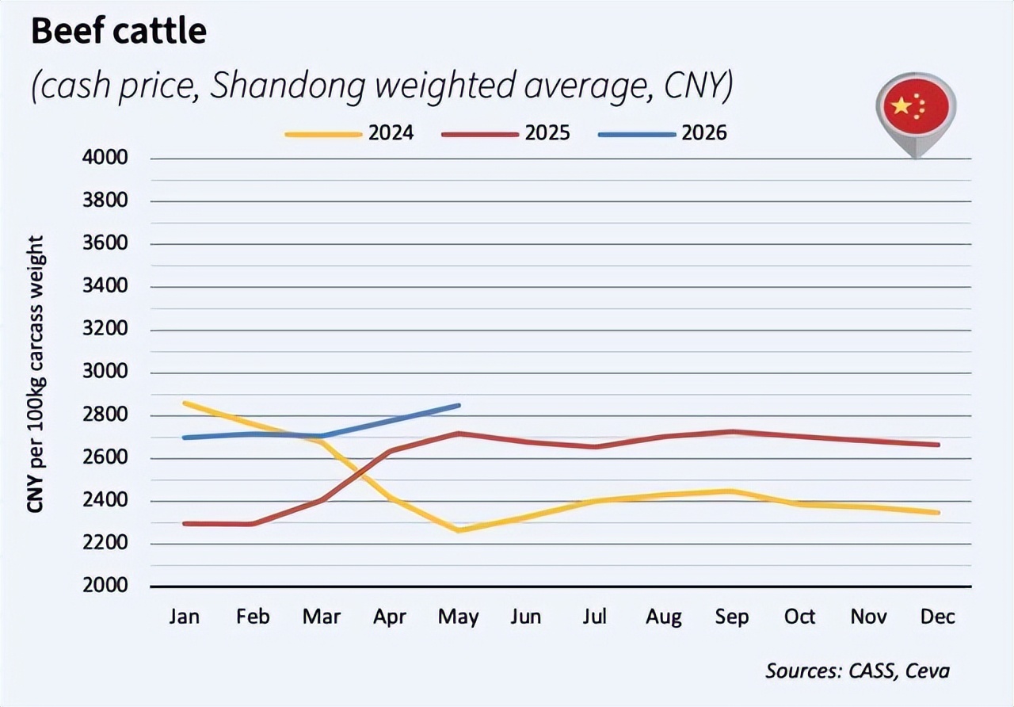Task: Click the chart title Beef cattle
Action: pyautogui.click(x=119, y=32)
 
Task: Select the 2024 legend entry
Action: pyautogui.click(x=349, y=133)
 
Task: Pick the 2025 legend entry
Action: pyautogui.click(x=506, y=133)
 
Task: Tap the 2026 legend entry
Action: pyautogui.click(x=663, y=133)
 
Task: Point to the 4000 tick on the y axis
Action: pyautogui.click(x=105, y=158)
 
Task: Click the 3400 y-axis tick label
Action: pyautogui.click(x=105, y=286)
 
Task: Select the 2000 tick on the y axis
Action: pyautogui.click(x=105, y=585)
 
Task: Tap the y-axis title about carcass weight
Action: pyautogui.click(x=36, y=373)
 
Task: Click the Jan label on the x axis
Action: pyautogui.click(x=185, y=617)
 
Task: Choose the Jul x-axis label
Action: pyautogui.click(x=594, y=617)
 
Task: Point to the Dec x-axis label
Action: pyautogui.click(x=938, y=617)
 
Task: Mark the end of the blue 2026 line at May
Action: pyautogui.click(x=459, y=405)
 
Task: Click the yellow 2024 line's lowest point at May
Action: pyautogui.click(x=459, y=530)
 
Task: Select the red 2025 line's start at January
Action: pyautogui.click(x=185, y=524)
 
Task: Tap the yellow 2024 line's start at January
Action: pyautogui.click(x=185, y=403)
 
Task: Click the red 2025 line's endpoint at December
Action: pyautogui.click(x=938, y=445)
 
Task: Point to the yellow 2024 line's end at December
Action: pyautogui.click(x=938, y=513)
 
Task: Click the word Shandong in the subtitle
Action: pyautogui.click(x=288, y=86)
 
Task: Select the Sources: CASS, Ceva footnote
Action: pyautogui.click(x=857, y=671)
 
